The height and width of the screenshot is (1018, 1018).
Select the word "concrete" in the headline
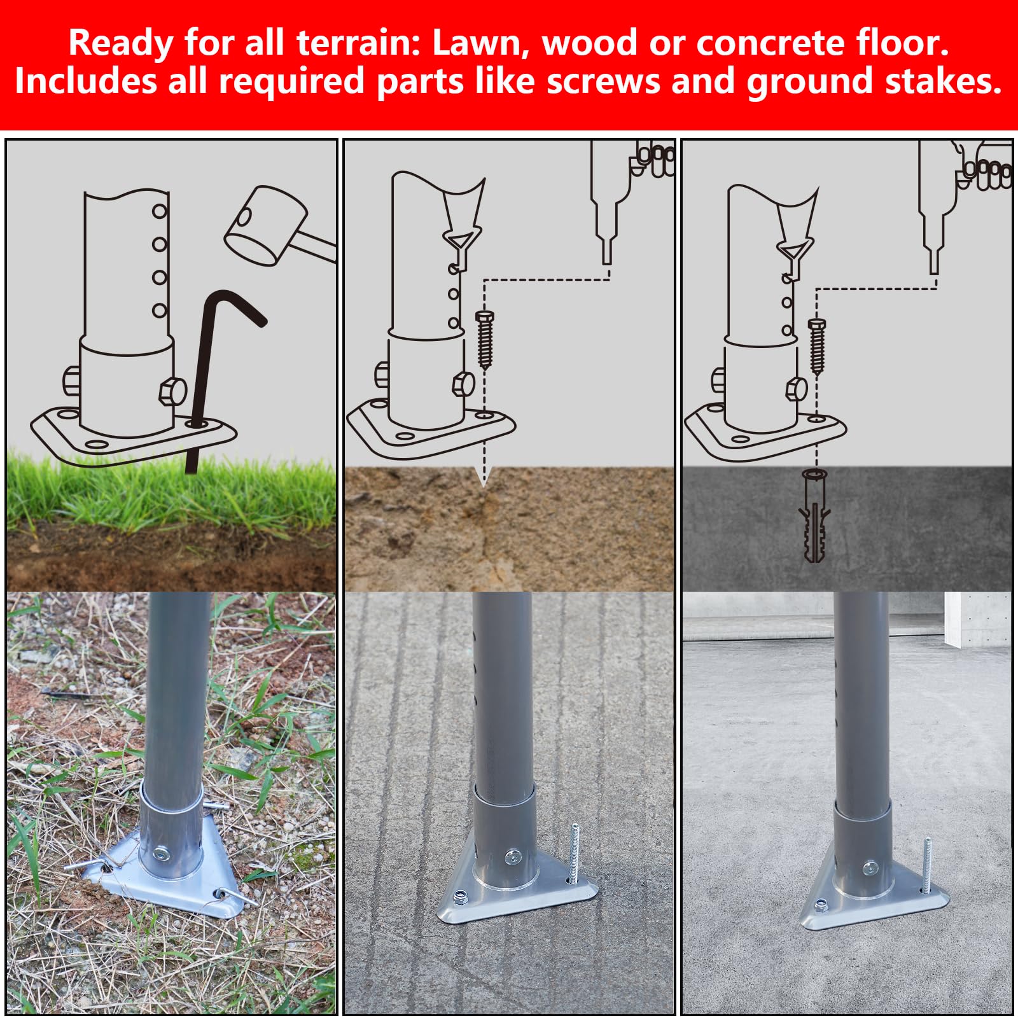(x=770, y=43)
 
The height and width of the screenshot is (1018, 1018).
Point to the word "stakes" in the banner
(x=937, y=81)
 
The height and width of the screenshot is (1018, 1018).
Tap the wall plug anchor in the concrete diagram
(x=815, y=516)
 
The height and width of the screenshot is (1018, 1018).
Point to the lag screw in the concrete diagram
(x=817, y=346)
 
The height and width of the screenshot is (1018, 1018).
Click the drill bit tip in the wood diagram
(x=607, y=251)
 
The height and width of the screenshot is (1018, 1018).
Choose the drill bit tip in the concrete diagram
(x=934, y=260)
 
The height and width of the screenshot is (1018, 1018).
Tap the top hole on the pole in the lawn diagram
(x=159, y=211)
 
